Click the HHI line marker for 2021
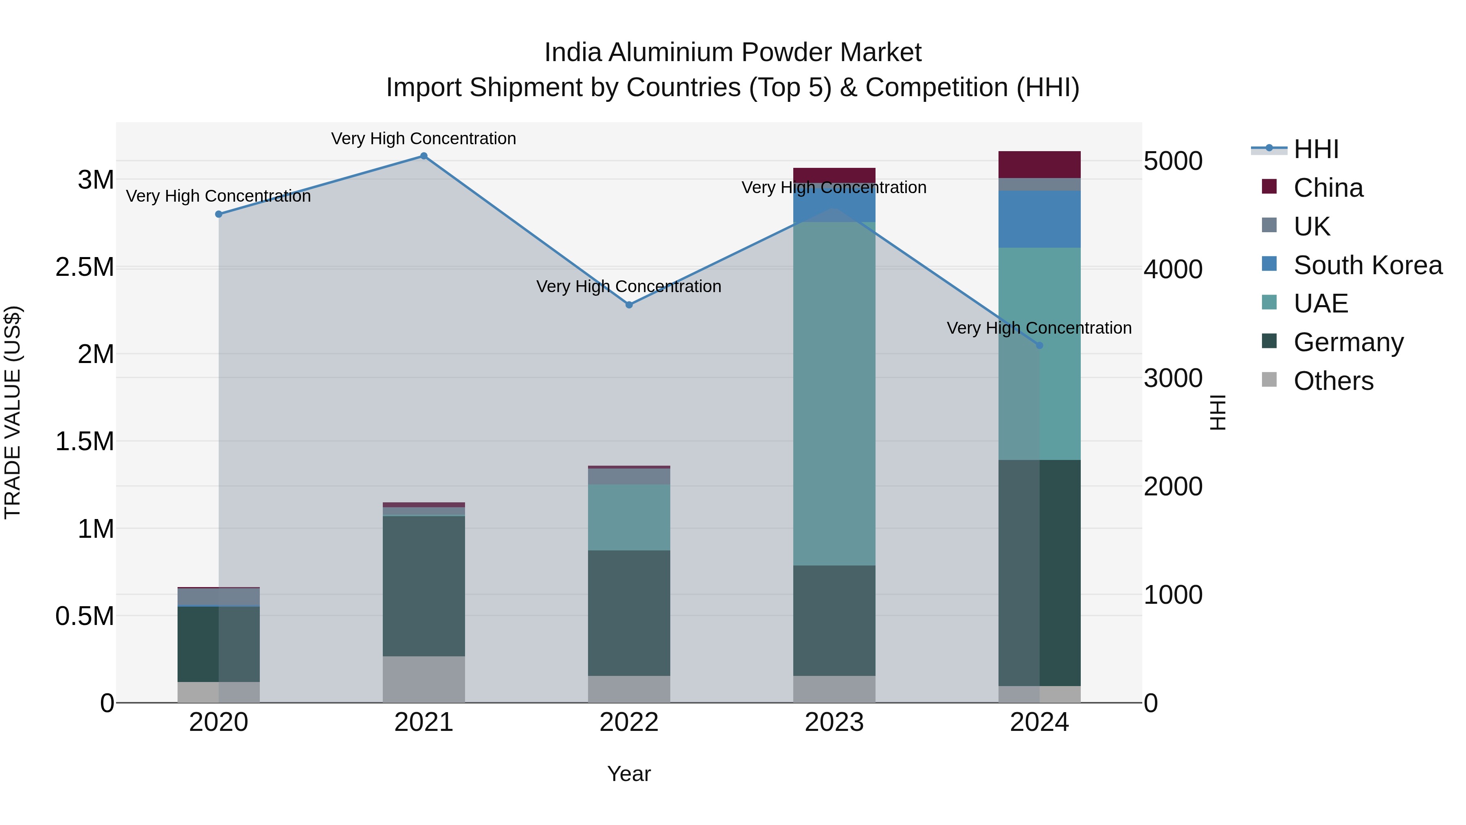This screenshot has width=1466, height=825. [x=424, y=156]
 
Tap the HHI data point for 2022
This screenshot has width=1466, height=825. [x=629, y=305]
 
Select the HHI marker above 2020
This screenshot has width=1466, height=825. [x=219, y=214]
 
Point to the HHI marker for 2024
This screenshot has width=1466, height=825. [x=1039, y=345]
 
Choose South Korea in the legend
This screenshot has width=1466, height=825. [x=1367, y=265]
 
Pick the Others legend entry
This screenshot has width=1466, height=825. [x=1333, y=381]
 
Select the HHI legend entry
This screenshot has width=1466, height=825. [x=1315, y=149]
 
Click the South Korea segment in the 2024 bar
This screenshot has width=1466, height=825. [x=1039, y=219]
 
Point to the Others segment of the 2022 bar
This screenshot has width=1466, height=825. [x=629, y=689]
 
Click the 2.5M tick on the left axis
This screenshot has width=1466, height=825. [x=85, y=267]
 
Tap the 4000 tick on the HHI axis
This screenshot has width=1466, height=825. [x=1172, y=269]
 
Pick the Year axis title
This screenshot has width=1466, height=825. [x=629, y=774]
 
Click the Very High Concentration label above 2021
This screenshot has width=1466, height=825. [x=424, y=139]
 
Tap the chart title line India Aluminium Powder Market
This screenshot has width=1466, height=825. [x=733, y=53]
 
